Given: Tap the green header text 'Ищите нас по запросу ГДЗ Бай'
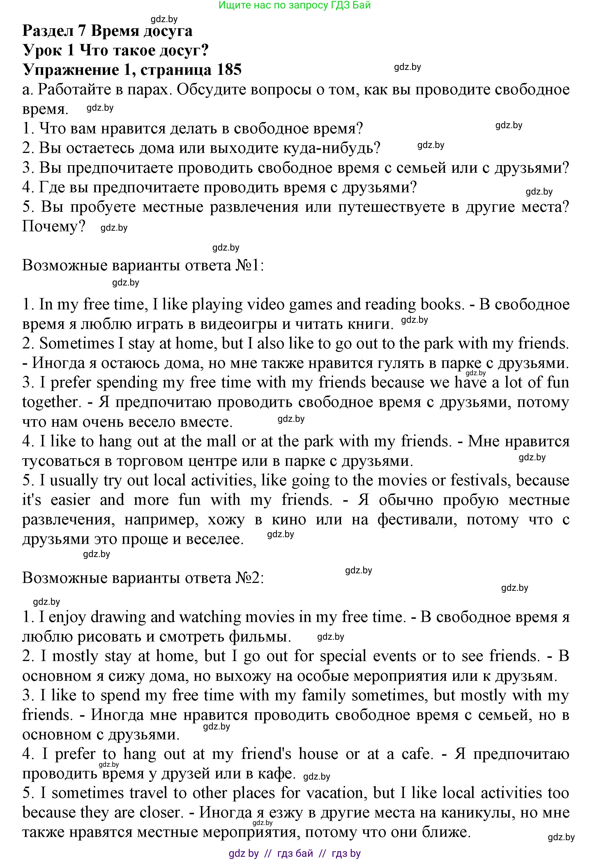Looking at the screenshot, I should (294, 5).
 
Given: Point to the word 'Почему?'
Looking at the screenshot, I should (54, 226).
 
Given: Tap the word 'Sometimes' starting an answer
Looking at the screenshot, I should (77, 343).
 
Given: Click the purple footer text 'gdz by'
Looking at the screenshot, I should (243, 853).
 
